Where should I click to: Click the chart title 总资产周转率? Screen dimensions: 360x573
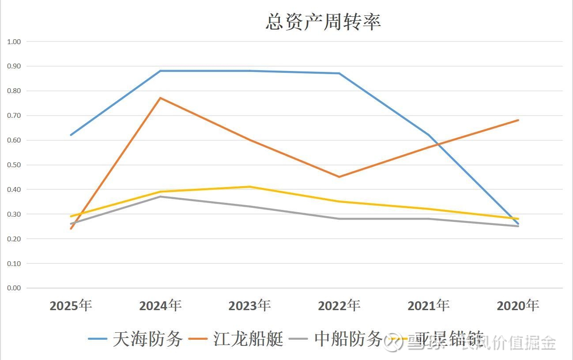point(323,22)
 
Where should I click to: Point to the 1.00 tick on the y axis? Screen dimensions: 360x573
point(14,41)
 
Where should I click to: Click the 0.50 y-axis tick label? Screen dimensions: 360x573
point(14,165)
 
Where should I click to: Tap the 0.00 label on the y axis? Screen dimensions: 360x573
point(14,288)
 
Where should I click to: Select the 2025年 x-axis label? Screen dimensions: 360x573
point(71,305)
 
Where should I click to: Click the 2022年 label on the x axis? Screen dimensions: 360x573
point(339,305)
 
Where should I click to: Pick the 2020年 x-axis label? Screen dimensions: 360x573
point(518,305)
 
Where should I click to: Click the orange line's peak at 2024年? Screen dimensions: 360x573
point(161,98)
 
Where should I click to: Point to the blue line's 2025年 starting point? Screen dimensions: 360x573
point(71,135)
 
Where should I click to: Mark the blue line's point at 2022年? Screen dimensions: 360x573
point(339,73)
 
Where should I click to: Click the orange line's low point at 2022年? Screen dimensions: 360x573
point(339,177)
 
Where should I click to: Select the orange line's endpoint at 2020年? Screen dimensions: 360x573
point(518,120)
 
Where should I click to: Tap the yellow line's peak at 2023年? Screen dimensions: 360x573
point(250,187)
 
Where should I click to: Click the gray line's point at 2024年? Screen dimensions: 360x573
point(161,196)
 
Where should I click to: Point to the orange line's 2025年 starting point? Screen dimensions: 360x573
point(71,229)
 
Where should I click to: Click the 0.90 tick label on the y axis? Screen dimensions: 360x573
point(14,66)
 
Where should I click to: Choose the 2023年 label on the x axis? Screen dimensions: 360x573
point(250,305)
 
